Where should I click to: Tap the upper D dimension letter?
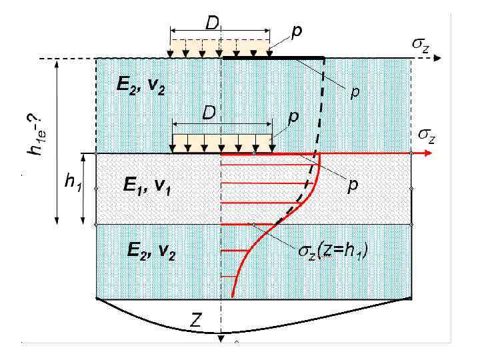click(x=212, y=23)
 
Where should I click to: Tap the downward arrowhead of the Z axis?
click(x=220, y=342)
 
